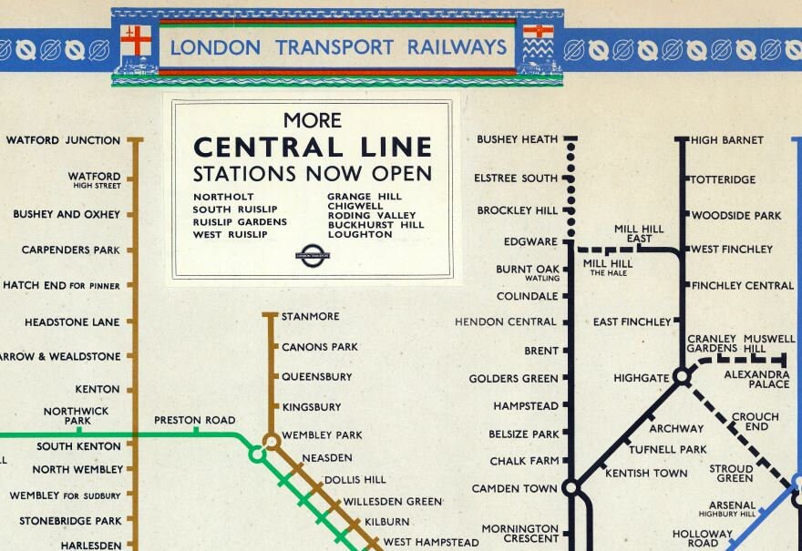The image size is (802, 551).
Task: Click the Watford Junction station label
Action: tap(63, 140)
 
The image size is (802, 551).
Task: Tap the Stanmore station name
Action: tap(310, 316)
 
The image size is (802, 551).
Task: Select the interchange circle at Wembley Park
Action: tap(271, 441)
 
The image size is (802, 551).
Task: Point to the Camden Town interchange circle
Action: tap(571, 488)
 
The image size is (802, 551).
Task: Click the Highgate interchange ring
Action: tap(681, 376)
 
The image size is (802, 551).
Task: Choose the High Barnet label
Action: tap(727, 140)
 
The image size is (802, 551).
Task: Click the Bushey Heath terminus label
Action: tap(517, 139)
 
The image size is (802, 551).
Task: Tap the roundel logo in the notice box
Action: tap(313, 255)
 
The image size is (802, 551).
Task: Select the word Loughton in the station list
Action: tap(360, 234)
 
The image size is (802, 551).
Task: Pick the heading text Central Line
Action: tap(313, 148)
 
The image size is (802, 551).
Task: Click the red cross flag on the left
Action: tap(135, 40)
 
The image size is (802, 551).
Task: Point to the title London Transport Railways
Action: tap(337, 47)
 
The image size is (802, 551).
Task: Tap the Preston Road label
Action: tap(194, 420)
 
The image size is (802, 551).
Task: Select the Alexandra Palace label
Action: tap(756, 379)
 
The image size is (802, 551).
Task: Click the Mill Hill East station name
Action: tap(638, 233)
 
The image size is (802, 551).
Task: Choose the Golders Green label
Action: tap(513, 379)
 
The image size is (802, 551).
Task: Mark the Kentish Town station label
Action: tap(646, 473)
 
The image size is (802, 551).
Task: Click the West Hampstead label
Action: tap(430, 542)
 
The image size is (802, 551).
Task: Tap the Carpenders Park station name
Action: tap(71, 250)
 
